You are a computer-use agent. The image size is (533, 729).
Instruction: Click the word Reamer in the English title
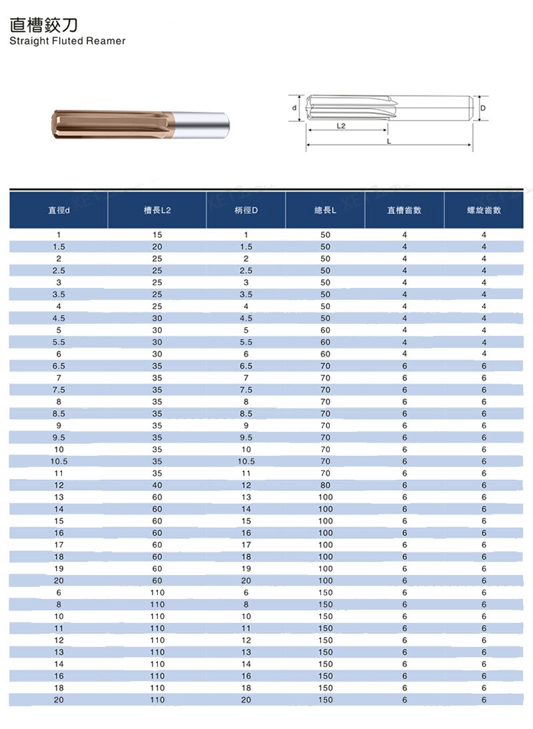105,41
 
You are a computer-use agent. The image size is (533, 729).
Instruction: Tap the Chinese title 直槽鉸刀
44,25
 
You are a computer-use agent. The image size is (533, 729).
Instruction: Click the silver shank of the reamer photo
201,125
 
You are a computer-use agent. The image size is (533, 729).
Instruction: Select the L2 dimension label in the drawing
340,126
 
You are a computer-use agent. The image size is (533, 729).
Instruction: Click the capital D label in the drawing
483,108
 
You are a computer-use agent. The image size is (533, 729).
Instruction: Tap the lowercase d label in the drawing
294,108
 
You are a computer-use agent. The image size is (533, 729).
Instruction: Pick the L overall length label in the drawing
389,141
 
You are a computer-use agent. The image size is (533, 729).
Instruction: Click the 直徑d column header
59,210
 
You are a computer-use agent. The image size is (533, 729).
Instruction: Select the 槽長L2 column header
157,210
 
